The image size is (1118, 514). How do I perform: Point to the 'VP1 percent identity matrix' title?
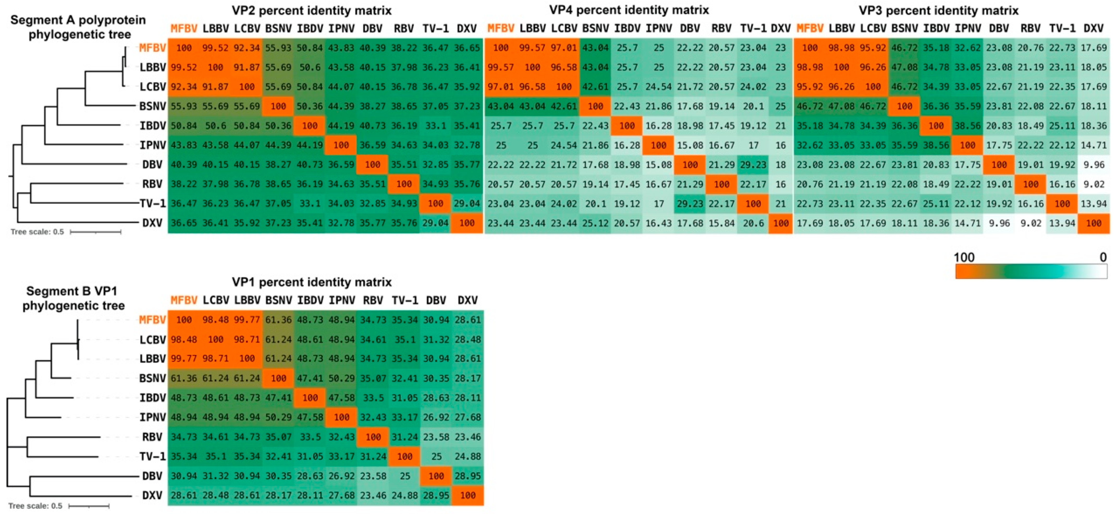click(x=312, y=282)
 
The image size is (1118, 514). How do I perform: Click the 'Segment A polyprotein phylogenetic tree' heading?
click(x=78, y=27)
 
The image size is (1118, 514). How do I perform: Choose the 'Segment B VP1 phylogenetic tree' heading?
click(x=73, y=298)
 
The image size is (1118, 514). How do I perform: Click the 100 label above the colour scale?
click(x=964, y=257)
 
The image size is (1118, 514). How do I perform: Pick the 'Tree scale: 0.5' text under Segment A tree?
click(x=37, y=232)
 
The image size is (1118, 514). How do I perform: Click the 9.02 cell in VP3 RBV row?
click(x=1093, y=184)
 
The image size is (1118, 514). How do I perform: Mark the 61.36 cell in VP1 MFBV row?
click(x=278, y=320)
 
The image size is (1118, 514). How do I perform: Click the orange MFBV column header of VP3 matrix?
click(x=810, y=29)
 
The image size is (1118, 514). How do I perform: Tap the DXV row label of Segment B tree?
click(x=152, y=495)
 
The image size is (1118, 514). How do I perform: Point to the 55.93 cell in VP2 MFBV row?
click(x=278, y=48)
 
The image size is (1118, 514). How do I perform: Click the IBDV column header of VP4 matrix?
click(x=627, y=29)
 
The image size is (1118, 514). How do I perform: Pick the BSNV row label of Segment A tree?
click(x=152, y=106)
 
